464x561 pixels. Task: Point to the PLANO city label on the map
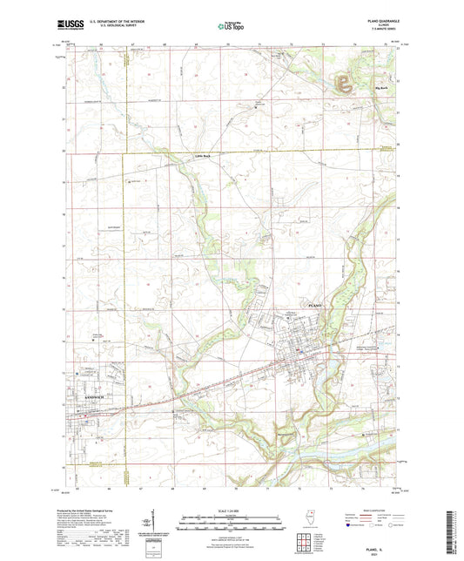[316, 307]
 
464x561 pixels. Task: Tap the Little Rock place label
[203, 158]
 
